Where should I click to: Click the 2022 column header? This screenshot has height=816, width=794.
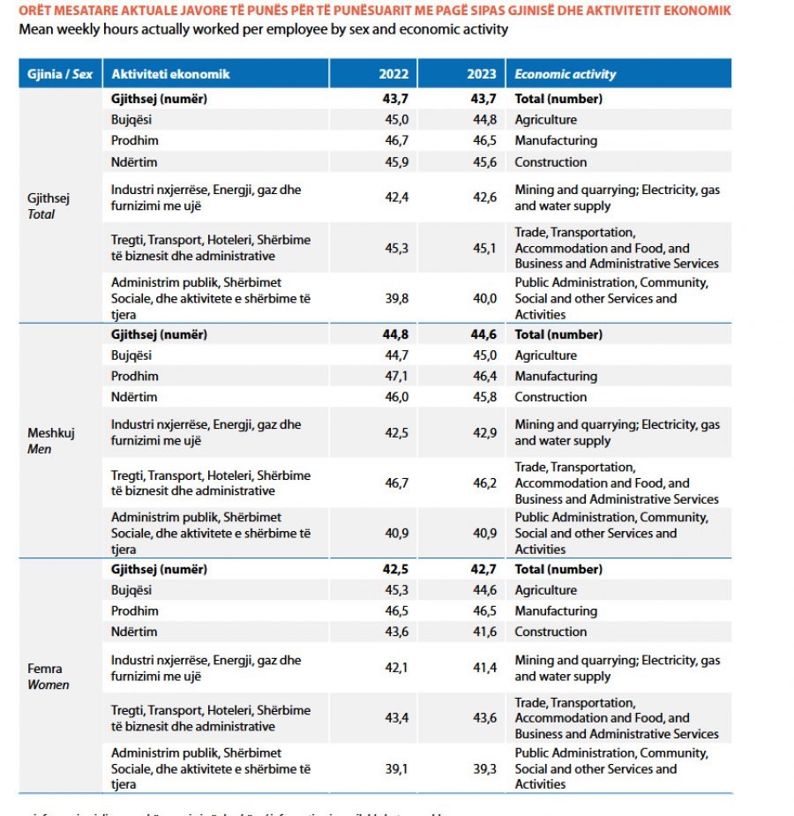[x=393, y=74]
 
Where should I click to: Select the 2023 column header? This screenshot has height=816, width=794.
[x=482, y=74]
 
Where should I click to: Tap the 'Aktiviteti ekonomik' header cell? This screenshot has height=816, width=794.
[x=170, y=74]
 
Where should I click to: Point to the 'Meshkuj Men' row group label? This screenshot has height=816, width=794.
[x=52, y=441]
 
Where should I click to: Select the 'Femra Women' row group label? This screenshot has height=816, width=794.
[x=48, y=677]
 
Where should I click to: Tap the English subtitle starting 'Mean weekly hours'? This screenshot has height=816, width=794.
[x=264, y=29]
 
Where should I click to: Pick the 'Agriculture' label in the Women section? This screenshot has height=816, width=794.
[x=545, y=591]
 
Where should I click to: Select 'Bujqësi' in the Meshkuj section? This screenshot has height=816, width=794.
[x=131, y=356]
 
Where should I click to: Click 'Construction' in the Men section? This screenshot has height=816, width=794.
[x=551, y=398]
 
